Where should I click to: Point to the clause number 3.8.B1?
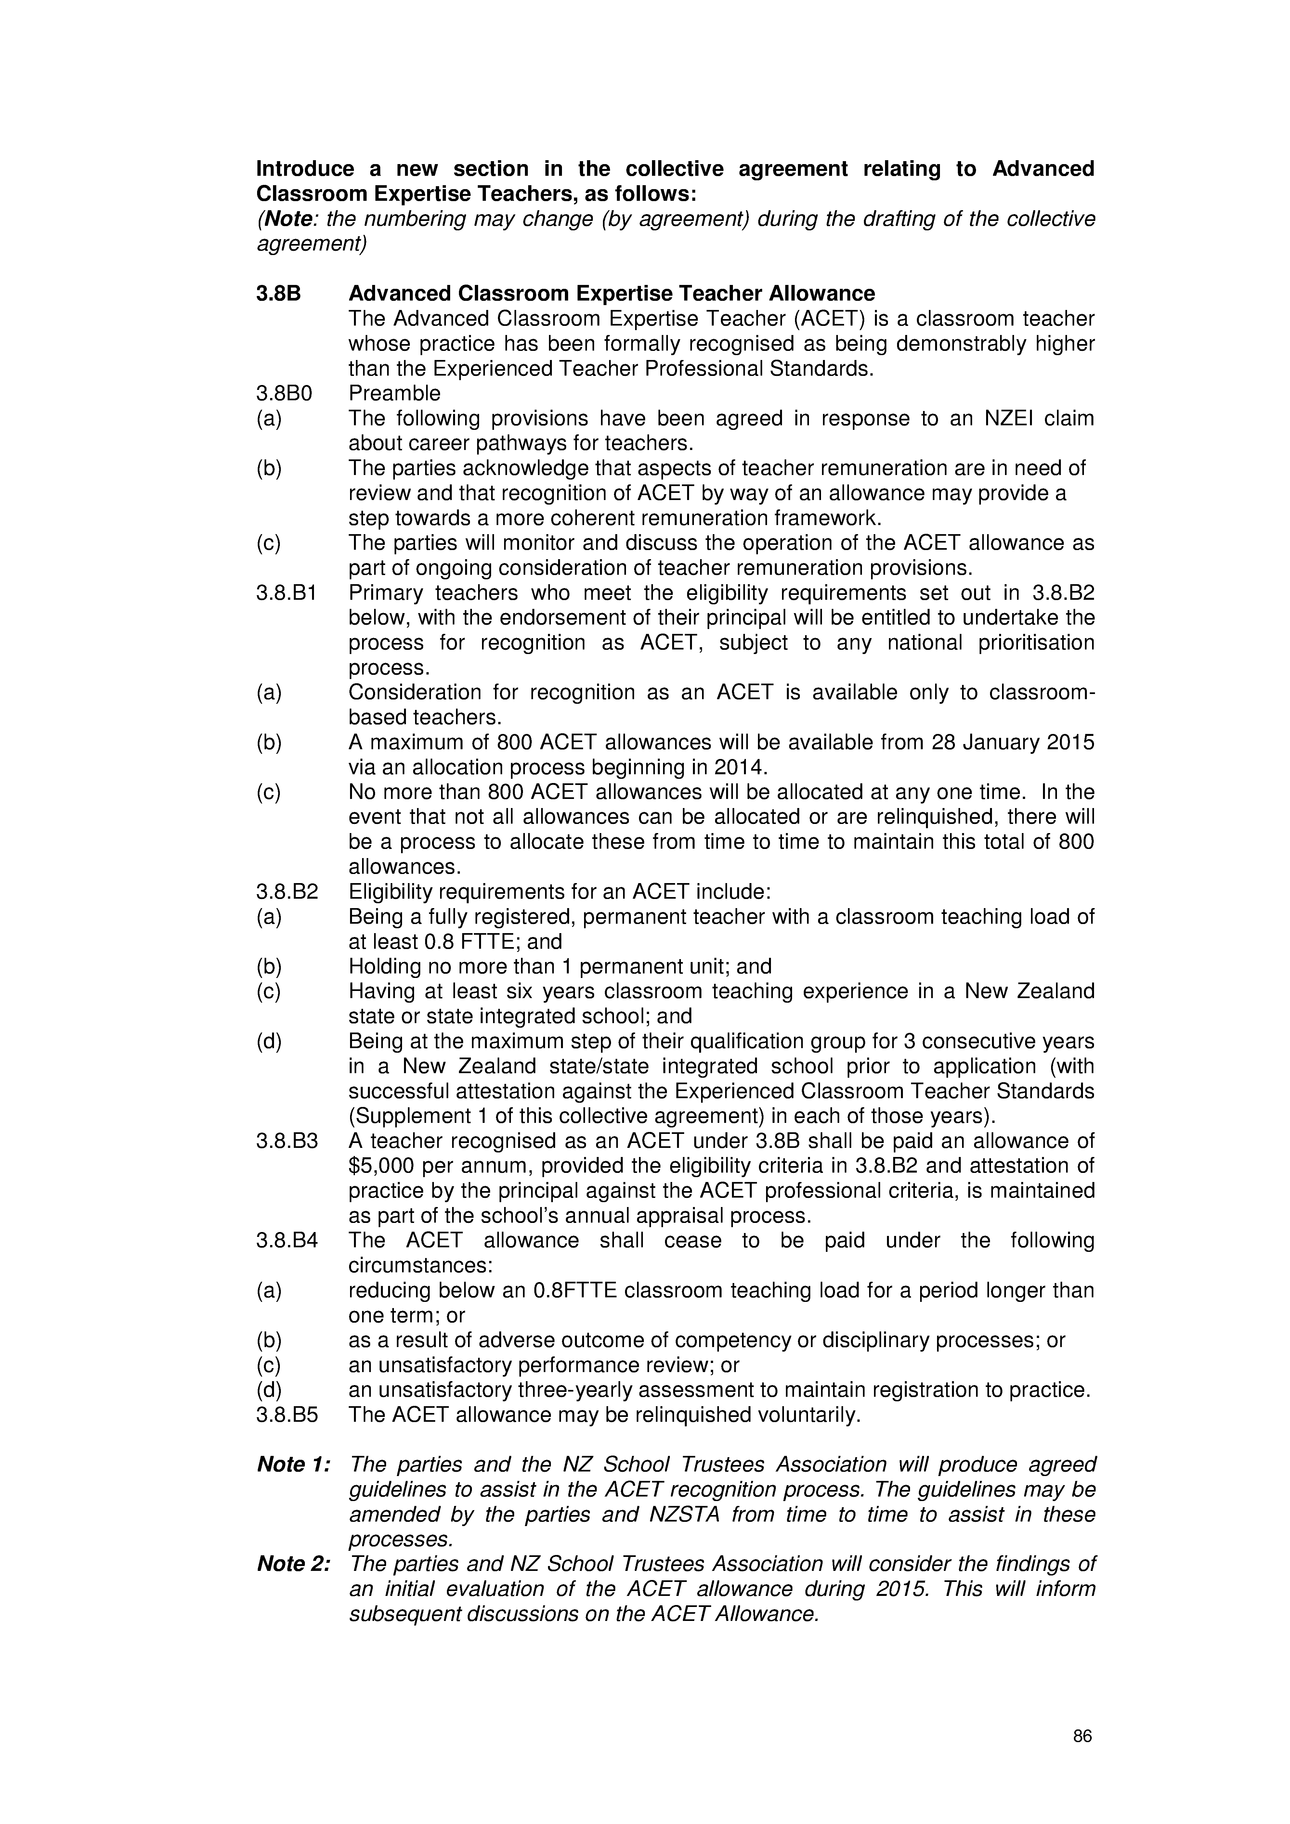coord(286,594)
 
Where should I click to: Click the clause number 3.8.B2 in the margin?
coord(286,892)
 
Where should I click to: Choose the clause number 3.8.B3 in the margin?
coord(286,1142)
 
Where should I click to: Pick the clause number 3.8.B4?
coord(286,1241)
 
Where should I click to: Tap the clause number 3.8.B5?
coord(286,1415)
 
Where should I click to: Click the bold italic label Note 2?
coord(293,1564)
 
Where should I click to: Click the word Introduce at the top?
coord(305,169)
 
